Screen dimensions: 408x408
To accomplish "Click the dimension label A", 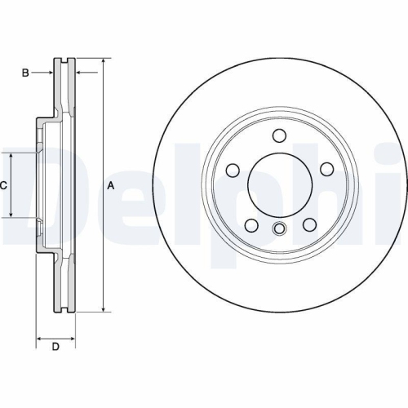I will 111,185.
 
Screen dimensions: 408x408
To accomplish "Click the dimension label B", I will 25,73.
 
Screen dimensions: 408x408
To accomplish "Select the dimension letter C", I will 3,185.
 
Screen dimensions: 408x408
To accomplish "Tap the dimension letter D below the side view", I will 55,348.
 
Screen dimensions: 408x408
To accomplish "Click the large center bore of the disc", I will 278,183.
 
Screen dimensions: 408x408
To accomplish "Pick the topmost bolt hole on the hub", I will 278,135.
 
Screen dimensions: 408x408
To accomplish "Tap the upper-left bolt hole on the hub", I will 233,170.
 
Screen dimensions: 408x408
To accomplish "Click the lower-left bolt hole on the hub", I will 251,224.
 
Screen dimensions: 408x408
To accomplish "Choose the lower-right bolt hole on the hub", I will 310,224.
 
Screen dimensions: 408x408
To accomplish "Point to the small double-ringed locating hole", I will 279,228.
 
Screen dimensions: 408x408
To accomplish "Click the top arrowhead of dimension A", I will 104,62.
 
